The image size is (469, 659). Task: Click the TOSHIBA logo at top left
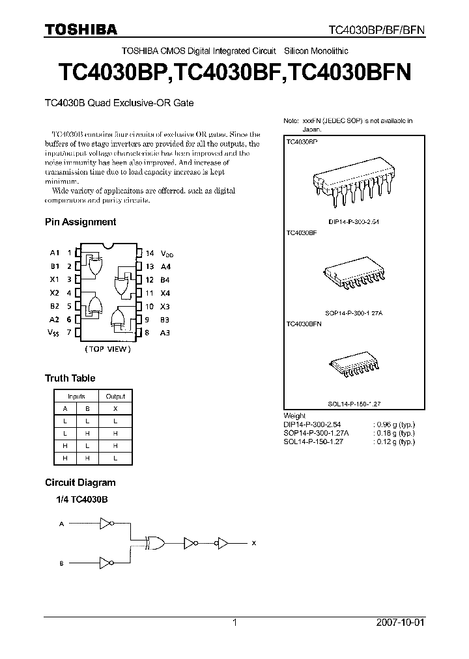pyautogui.click(x=81, y=29)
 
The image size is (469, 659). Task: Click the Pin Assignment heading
pyautogui.click(x=80, y=222)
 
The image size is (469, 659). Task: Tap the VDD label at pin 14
pyautogui.click(x=167, y=253)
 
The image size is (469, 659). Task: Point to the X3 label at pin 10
pyautogui.click(x=165, y=306)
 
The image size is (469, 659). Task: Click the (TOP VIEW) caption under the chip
pyautogui.click(x=108, y=349)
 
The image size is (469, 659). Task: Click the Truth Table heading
pyautogui.click(x=70, y=378)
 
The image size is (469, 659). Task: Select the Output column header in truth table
pyautogui.click(x=115, y=396)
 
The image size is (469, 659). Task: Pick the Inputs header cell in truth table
pyautogui.click(x=76, y=396)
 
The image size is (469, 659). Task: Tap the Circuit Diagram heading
pyautogui.click(x=80, y=483)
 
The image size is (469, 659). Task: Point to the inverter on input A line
pyautogui.click(x=107, y=522)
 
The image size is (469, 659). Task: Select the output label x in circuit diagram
pyautogui.click(x=254, y=542)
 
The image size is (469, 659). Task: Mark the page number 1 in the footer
pyautogui.click(x=234, y=623)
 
